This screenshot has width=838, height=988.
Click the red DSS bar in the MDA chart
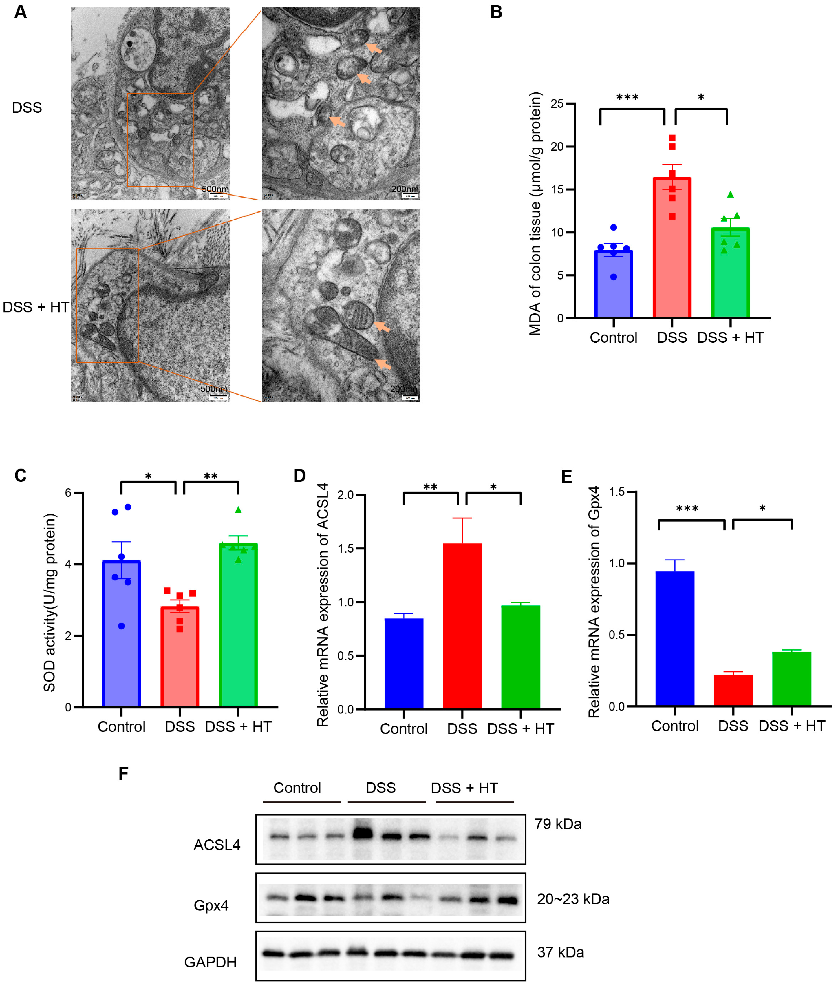coord(672,247)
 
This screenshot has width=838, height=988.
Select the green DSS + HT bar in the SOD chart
coord(238,625)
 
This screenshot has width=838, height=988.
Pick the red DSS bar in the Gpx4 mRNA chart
coord(733,690)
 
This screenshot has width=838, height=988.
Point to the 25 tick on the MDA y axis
coord(557,104)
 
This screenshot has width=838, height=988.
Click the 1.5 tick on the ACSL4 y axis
coord(346,548)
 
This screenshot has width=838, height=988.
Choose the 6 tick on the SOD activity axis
coord(68,493)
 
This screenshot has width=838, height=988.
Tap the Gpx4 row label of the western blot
coord(211,905)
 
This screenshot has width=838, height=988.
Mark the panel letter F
coord(124,774)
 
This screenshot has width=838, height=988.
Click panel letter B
coord(496,12)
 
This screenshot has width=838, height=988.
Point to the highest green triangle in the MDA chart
coord(730,194)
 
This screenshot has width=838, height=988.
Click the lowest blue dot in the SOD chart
coord(122,626)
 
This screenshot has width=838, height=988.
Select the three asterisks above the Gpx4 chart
coord(687,509)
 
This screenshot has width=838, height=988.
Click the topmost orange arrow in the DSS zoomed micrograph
coord(374,48)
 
